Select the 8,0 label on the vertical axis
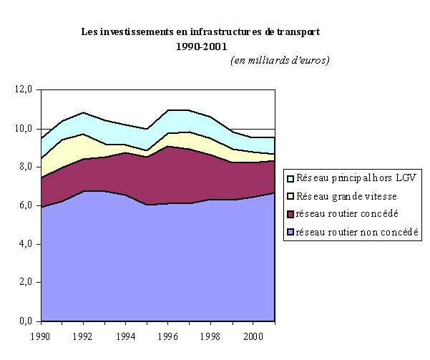[25, 167]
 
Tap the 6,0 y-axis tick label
[25, 206]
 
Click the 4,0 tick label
[25, 245]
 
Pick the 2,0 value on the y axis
[25, 283]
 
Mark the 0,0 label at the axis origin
[25, 321]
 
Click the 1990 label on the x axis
[41, 334]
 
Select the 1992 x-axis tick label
[83, 334]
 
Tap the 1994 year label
[126, 334]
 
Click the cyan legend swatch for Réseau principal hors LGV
[290, 179]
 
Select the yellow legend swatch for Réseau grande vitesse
[290, 197]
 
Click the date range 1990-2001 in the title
[201, 47]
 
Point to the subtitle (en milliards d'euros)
[280, 60]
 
